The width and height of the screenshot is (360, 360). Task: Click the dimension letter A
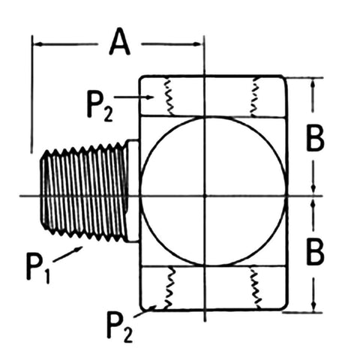coord(120,42)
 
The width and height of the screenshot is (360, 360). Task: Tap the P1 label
coord(37,268)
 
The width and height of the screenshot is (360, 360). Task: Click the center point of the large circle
coord(205,196)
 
